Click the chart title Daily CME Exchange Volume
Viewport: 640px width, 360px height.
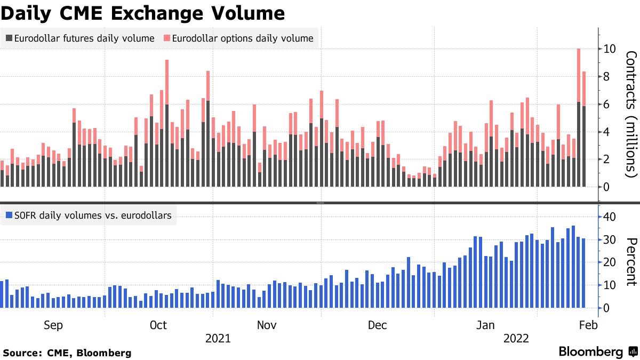142,13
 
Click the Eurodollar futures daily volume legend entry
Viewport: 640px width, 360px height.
80,38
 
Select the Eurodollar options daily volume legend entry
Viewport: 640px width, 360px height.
238,38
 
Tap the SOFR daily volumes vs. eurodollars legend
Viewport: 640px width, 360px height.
88,215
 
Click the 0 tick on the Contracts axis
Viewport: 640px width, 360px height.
607,187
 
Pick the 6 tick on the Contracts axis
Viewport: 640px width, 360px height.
607,105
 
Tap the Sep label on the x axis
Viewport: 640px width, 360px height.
53,325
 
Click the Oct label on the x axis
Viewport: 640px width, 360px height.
158,325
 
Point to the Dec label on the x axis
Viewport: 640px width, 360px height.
377,325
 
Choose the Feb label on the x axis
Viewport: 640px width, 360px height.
587,325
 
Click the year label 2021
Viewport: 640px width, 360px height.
218,339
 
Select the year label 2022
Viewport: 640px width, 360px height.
516,339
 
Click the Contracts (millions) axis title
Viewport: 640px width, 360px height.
631,114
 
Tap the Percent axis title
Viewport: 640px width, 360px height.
631,262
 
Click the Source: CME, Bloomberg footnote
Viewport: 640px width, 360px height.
67,353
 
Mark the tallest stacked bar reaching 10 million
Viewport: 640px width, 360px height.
579,117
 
